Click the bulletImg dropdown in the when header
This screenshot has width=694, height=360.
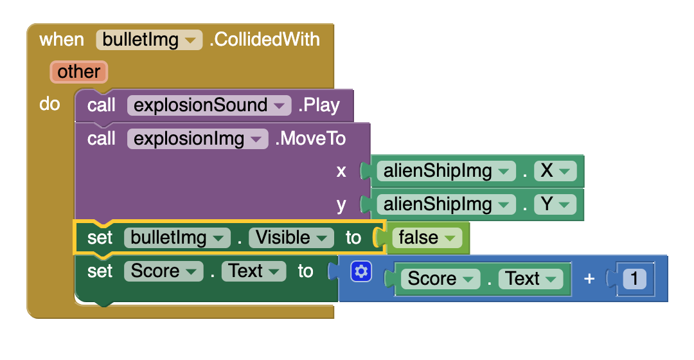[x=149, y=40]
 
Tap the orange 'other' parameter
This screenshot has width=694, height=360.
[x=79, y=71]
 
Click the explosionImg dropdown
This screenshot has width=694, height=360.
[x=197, y=139]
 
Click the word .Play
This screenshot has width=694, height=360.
[x=319, y=105]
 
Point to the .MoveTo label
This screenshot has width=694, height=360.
[x=310, y=139]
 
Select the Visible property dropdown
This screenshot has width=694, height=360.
[x=291, y=238]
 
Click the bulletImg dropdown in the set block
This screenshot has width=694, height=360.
[x=177, y=238]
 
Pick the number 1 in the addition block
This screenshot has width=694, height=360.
[x=635, y=279]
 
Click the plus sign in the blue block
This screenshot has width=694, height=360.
[x=589, y=279]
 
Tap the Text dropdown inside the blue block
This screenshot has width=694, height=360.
[x=530, y=279]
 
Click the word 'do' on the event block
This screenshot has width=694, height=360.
[x=49, y=104]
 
